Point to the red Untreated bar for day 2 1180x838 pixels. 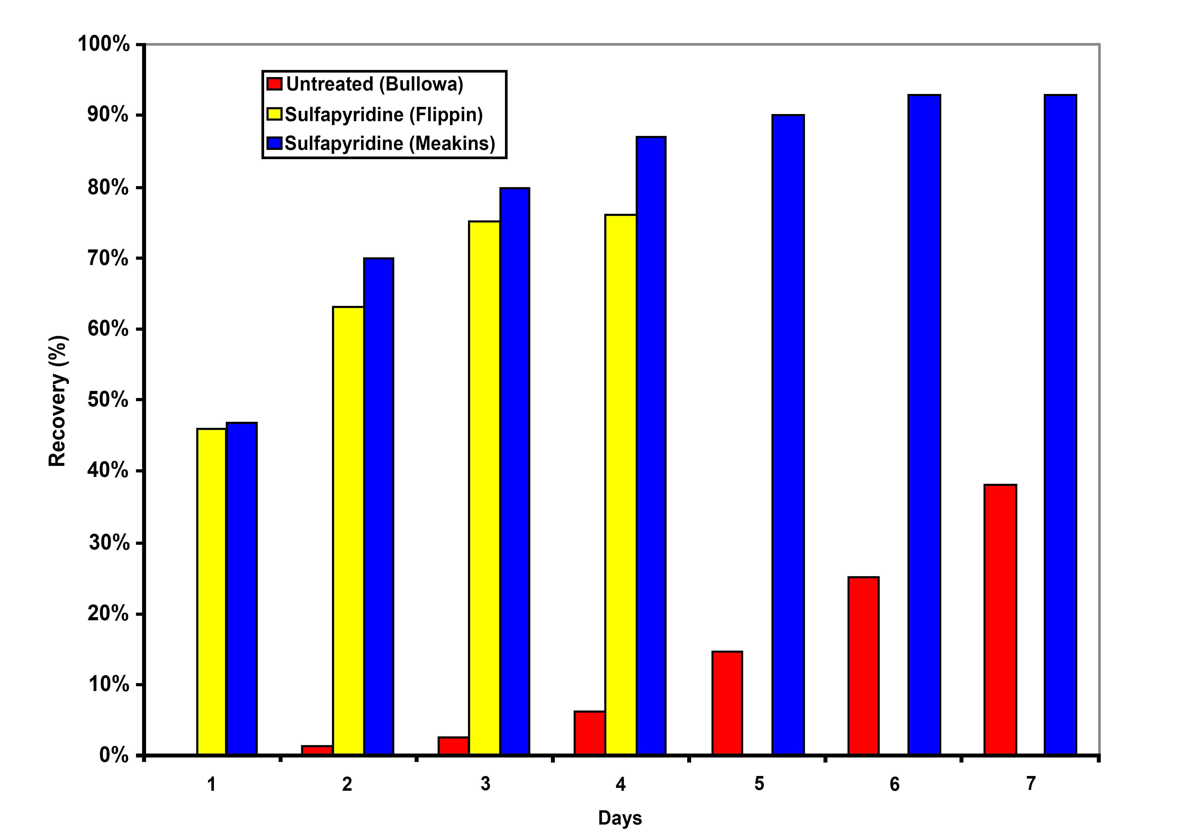pyautogui.click(x=317, y=750)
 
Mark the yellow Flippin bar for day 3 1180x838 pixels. pyautogui.click(x=484, y=488)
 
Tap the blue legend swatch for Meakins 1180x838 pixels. pyautogui.click(x=274, y=143)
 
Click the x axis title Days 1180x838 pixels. pyautogui.click(x=620, y=818)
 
